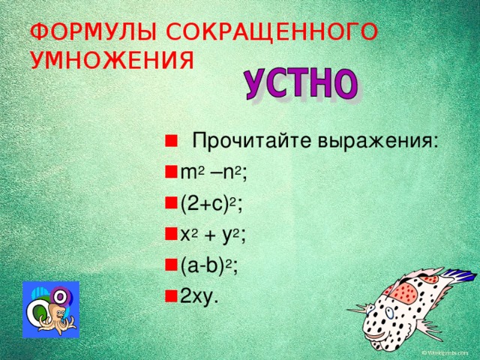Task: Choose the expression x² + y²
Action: (213, 235)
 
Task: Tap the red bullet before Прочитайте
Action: (171, 141)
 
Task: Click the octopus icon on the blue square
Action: (50, 310)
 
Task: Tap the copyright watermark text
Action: (448, 352)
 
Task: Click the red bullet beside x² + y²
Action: (171, 235)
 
